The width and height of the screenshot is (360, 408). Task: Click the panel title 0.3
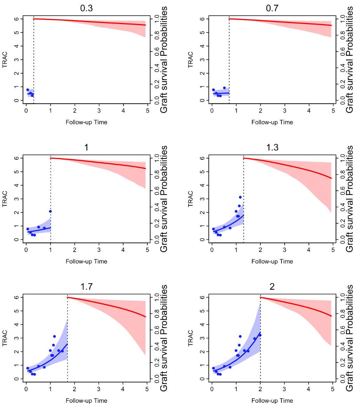point(86,8)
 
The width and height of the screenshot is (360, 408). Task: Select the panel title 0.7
point(272,8)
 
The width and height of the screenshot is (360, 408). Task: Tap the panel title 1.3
point(272,147)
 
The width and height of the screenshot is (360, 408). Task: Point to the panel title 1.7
point(86,286)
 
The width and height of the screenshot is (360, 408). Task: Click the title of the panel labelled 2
point(272,286)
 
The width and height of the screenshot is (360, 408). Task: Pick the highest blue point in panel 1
point(51,211)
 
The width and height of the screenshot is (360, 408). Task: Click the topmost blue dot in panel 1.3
point(240,197)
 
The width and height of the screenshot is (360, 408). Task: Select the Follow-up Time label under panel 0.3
point(86,122)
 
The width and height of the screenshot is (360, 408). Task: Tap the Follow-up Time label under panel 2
point(272,401)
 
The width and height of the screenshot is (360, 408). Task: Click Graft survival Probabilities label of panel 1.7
point(164,338)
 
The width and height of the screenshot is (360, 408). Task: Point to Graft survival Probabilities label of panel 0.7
point(349,60)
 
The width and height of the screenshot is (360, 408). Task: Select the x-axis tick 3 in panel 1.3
point(285,250)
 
